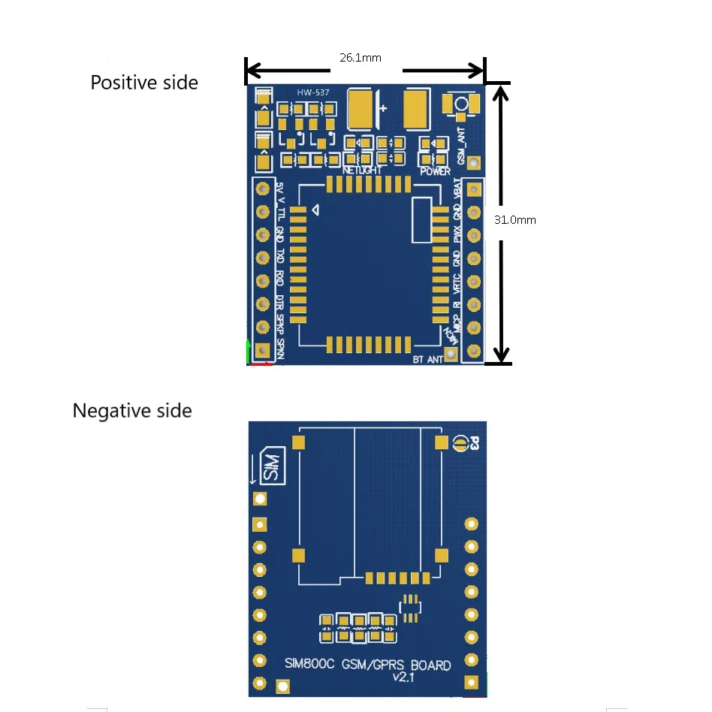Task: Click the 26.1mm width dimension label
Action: click(x=360, y=57)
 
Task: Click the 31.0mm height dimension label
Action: click(x=514, y=220)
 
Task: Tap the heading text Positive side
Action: click(x=144, y=83)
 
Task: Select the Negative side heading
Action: click(x=132, y=411)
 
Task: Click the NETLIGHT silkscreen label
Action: click(x=362, y=170)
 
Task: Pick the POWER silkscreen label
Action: click(x=435, y=171)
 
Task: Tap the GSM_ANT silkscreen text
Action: click(x=462, y=147)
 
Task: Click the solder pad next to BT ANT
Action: click(x=451, y=354)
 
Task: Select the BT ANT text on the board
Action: click(x=427, y=360)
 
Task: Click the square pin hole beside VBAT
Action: click(x=474, y=189)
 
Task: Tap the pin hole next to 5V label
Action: click(x=263, y=189)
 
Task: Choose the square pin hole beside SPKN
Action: click(x=262, y=351)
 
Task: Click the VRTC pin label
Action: click(x=458, y=283)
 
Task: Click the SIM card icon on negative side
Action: click(x=272, y=466)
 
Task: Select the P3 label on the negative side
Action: click(x=474, y=444)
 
